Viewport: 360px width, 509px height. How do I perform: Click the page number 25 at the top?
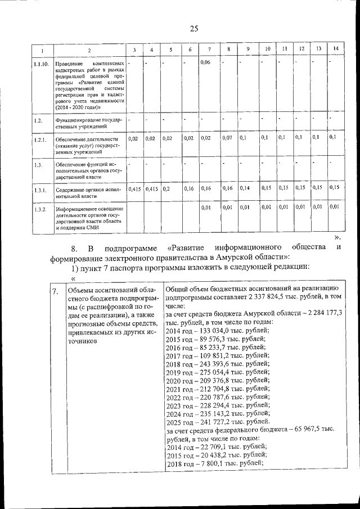click(x=194, y=29)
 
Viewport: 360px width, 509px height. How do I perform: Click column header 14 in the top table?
click(x=335, y=49)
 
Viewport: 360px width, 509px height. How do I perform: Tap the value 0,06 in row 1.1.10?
click(x=205, y=62)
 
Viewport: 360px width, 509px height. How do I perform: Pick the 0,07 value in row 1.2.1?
click(x=227, y=137)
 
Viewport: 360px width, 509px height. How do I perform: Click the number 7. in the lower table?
click(x=54, y=291)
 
